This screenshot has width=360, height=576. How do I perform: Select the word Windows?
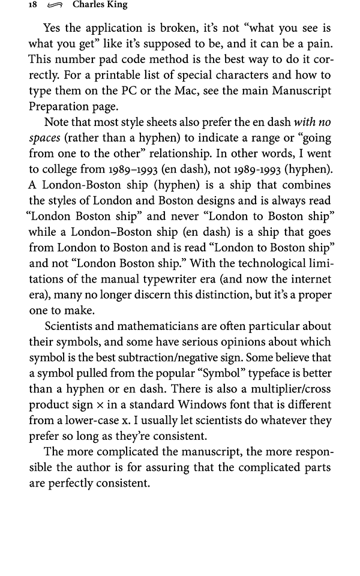pyautogui.click(x=200, y=404)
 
